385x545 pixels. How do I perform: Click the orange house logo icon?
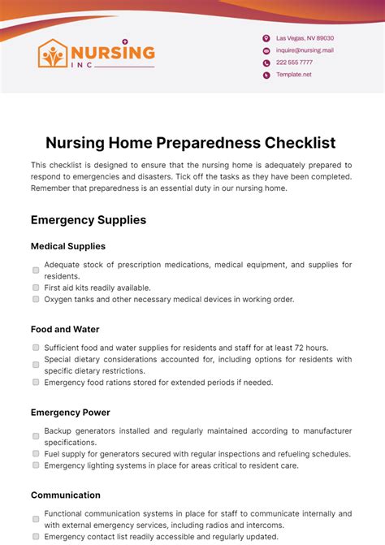[54, 54]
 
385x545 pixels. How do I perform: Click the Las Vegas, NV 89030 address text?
[305, 38]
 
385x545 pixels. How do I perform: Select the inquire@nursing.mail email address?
[305, 50]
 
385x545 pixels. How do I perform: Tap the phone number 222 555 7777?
[294, 63]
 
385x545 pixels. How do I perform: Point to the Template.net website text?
[293, 75]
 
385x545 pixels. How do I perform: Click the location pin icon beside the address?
[266, 38]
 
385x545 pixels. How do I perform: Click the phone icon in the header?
[266, 63]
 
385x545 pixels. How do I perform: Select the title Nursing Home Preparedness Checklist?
[191, 143]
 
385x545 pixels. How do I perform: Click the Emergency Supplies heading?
[89, 219]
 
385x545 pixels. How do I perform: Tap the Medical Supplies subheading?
[68, 246]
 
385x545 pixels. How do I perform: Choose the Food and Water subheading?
[65, 329]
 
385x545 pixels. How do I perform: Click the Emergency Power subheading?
[70, 412]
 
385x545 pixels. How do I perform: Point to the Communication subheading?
[66, 495]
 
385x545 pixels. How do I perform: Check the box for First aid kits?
[36, 288]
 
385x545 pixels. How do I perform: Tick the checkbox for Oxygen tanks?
[36, 299]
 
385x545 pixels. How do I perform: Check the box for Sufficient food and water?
[36, 348]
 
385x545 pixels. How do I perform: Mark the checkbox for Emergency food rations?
[36, 382]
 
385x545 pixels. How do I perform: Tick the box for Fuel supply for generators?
[36, 454]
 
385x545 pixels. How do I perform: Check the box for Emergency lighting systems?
[36, 465]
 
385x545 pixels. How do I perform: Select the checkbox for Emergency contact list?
[36, 537]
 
